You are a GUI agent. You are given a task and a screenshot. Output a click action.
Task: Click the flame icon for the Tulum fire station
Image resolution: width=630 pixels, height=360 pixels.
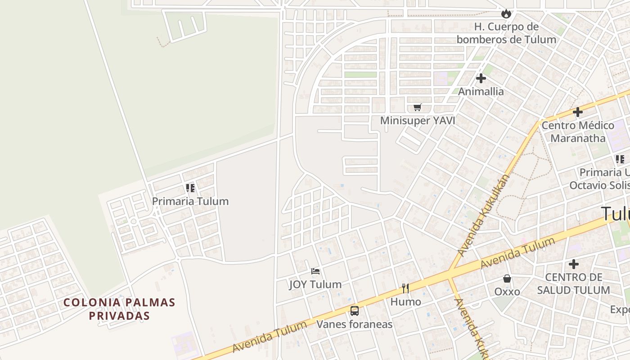(506, 13)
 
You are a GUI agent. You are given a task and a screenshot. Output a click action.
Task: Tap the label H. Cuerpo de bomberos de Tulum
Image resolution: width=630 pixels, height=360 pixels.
(506, 33)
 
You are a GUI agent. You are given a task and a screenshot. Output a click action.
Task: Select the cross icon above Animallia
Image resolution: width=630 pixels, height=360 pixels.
(481, 78)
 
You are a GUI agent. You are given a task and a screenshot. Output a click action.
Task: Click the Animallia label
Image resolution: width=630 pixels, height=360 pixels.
(481, 91)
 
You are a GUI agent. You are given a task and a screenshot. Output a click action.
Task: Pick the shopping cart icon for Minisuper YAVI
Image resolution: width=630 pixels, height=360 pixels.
(418, 107)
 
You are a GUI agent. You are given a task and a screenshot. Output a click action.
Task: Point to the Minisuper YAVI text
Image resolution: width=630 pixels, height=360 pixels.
(418, 121)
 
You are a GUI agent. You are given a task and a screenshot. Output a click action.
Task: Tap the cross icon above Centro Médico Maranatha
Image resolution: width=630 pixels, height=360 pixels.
(578, 112)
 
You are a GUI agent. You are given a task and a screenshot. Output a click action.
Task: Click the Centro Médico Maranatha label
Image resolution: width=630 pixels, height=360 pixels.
(578, 131)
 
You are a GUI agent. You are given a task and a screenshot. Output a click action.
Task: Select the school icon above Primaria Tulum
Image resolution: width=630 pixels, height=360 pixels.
(190, 188)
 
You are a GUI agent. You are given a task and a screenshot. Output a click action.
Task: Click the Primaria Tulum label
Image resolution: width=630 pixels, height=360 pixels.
(190, 201)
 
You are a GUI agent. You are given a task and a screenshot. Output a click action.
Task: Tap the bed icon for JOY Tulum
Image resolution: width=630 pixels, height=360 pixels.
(315, 271)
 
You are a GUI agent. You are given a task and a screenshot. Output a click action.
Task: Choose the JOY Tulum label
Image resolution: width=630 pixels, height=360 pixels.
(315, 284)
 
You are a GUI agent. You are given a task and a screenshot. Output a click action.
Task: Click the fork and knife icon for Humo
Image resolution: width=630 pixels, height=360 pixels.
(405, 288)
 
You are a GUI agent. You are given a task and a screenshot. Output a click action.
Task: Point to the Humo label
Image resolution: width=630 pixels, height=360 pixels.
(405, 301)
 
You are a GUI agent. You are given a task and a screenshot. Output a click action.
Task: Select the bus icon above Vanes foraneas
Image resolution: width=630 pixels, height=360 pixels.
(355, 310)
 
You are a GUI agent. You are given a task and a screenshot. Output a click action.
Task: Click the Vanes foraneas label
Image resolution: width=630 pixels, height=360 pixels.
(355, 324)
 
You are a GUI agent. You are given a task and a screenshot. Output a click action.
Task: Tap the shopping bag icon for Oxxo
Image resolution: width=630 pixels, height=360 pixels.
(507, 279)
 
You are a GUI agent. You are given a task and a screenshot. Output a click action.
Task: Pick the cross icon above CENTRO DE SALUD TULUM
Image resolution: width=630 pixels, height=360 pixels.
(574, 264)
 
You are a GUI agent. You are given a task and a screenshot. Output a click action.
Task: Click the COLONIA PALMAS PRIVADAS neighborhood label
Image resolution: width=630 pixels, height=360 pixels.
(119, 309)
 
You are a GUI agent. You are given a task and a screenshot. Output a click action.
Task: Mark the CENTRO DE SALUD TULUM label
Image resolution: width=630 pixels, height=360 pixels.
(574, 283)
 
